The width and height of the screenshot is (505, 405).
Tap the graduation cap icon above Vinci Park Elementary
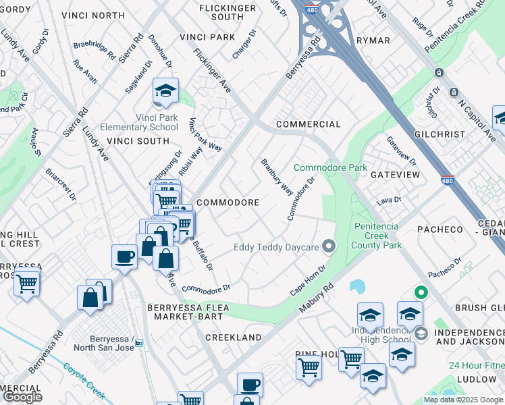(164, 90)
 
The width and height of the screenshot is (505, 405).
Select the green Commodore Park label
(330, 167)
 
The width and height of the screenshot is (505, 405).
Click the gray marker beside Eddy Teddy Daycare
(329, 246)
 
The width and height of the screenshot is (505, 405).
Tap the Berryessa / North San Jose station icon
(139, 342)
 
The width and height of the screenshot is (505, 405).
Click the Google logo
(23, 397)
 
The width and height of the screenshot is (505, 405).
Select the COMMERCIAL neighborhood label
(308, 124)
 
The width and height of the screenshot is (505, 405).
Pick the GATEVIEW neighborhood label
(395, 175)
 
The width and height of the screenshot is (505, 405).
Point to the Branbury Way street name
(277, 177)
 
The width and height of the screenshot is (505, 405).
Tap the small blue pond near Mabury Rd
(357, 286)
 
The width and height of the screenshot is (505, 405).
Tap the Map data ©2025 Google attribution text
(462, 400)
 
